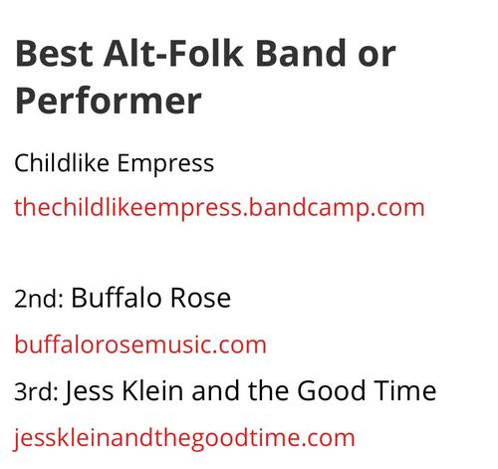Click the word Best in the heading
click(55, 53)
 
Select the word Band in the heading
click(301, 53)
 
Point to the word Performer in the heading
click(109, 101)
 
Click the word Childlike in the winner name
click(62, 162)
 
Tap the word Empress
click(165, 164)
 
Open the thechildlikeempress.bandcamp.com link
click(219, 208)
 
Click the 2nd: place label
click(39, 299)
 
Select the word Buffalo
click(117, 298)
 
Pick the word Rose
click(200, 298)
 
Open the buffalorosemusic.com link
click(140, 345)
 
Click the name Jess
click(89, 391)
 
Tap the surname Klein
click(152, 390)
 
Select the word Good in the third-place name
click(331, 390)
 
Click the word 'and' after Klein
click(216, 390)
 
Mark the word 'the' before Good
click(268, 390)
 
